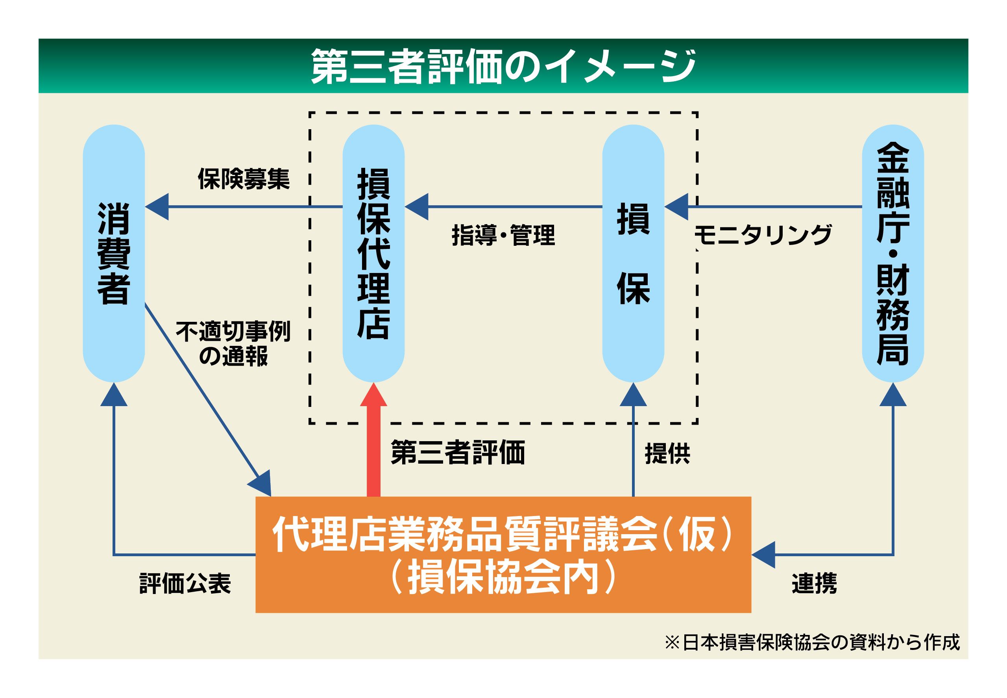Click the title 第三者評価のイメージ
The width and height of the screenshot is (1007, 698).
(x=503, y=67)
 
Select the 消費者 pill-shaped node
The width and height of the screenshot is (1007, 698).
(x=114, y=253)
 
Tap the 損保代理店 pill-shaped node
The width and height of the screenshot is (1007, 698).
(x=373, y=253)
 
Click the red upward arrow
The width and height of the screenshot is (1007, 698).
(x=373, y=442)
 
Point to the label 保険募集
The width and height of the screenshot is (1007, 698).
(x=244, y=179)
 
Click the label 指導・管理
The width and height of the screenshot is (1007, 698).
(x=503, y=235)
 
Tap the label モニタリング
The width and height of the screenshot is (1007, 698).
(x=763, y=235)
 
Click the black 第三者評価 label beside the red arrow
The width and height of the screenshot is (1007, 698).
(x=458, y=452)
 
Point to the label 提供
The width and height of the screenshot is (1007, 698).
(x=667, y=453)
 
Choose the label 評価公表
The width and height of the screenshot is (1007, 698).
(x=185, y=583)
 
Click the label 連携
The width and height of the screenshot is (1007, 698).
(x=814, y=583)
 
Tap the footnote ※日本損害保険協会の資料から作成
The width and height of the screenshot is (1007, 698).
(x=812, y=642)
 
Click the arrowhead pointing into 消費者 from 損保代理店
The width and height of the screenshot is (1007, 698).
(x=157, y=206)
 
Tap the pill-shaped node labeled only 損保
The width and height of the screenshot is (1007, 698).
(x=633, y=253)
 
